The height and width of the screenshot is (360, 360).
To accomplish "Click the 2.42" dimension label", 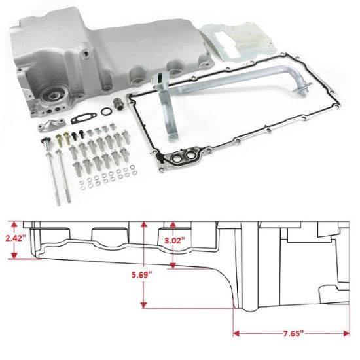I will click(14, 238).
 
